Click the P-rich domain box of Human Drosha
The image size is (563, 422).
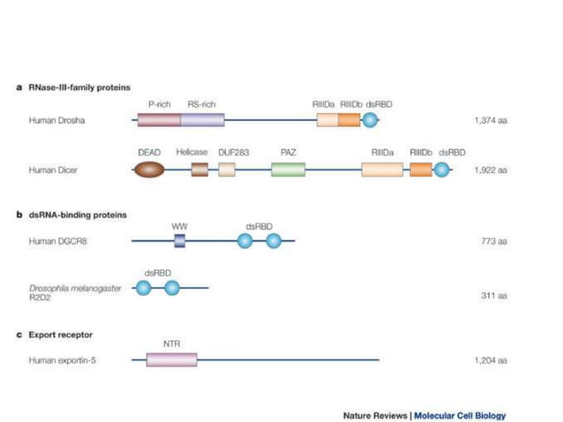(x=159, y=119)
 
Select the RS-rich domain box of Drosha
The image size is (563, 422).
(x=202, y=119)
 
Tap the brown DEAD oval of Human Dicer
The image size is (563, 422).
(x=148, y=169)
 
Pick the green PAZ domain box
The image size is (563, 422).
(x=288, y=169)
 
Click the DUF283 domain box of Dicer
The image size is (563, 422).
(x=227, y=169)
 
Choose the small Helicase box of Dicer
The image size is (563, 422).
(x=199, y=169)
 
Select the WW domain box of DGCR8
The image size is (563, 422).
(x=179, y=240)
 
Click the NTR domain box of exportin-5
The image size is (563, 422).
(x=171, y=359)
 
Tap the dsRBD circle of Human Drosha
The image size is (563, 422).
(x=372, y=119)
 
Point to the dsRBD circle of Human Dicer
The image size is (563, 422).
(x=442, y=169)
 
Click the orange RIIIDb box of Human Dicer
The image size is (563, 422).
(x=421, y=169)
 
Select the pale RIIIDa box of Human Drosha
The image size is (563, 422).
(x=327, y=119)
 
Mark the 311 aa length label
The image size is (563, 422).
(x=493, y=296)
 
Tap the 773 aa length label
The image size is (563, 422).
(x=493, y=240)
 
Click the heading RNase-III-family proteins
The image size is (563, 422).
(x=79, y=87)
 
